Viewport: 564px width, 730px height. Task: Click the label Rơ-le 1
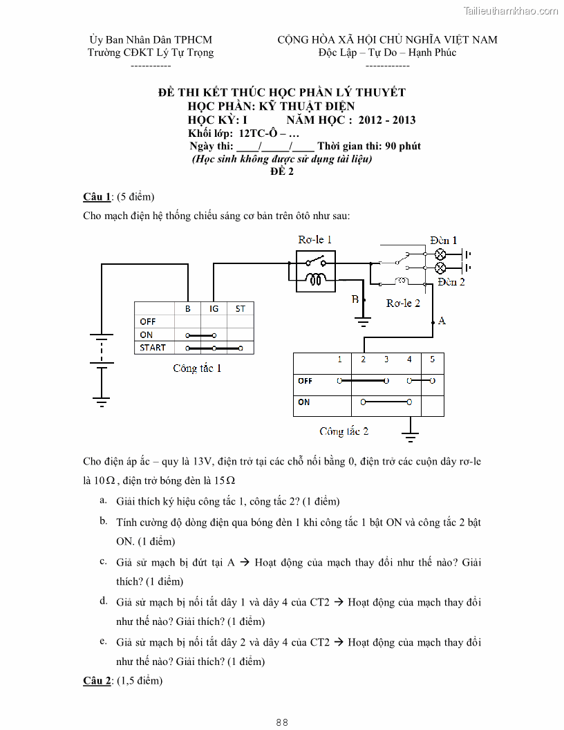tap(315, 240)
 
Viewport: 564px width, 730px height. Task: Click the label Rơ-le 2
tap(403, 303)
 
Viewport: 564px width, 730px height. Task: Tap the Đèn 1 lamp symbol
tap(440, 254)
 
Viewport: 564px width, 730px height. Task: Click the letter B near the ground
tap(355, 299)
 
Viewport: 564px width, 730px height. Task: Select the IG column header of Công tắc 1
tap(214, 308)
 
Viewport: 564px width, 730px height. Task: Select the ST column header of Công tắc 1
tap(240, 308)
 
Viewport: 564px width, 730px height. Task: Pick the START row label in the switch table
tap(152, 348)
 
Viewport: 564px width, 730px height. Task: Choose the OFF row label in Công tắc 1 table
tap(148, 321)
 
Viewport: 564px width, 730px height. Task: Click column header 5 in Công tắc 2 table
tap(432, 359)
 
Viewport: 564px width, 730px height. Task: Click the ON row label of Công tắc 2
tap(304, 402)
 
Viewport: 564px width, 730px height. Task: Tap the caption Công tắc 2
tap(344, 431)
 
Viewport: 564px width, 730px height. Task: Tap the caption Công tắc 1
tap(197, 368)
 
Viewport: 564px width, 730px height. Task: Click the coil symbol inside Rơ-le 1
tap(317, 280)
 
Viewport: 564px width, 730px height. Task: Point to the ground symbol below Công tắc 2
tap(411, 437)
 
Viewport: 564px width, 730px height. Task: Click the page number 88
tap(282, 722)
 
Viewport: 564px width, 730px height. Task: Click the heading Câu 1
tap(97, 197)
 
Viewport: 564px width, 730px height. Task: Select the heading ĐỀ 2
tap(282, 172)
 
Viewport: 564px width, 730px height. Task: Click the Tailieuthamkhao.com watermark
tap(510, 10)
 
